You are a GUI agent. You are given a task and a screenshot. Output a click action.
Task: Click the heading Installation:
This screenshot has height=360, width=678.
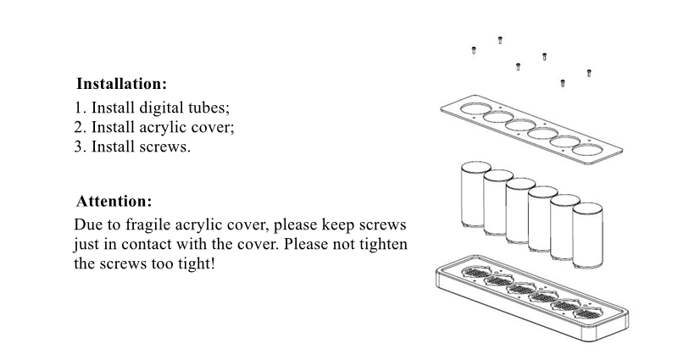coord(121,85)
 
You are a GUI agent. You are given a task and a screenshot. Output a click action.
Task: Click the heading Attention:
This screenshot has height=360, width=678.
coord(114,202)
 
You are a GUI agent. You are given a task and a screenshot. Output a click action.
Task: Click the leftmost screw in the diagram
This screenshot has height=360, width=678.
coord(474,51)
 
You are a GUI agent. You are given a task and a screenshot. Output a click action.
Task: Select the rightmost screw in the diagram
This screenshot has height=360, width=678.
coord(589,73)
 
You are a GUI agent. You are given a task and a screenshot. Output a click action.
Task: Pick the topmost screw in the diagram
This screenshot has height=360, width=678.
coord(499,39)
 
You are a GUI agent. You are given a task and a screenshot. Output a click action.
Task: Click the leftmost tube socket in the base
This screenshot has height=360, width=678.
coord(475,274)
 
